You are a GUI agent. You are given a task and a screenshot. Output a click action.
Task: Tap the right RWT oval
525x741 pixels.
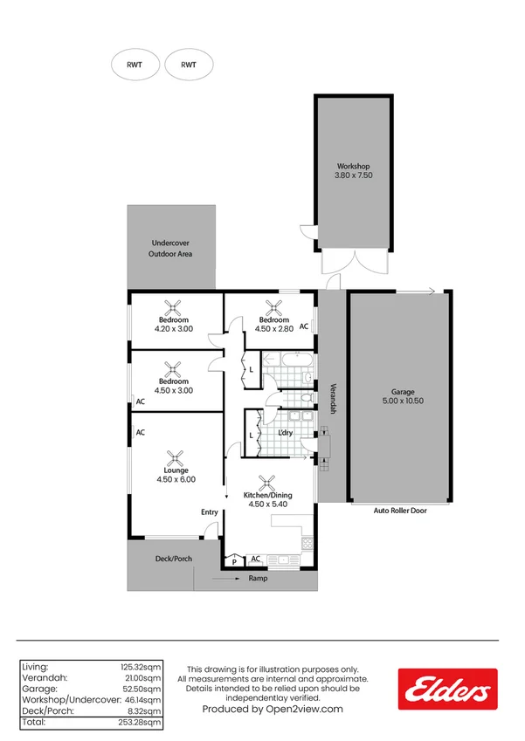pyautogui.click(x=189, y=65)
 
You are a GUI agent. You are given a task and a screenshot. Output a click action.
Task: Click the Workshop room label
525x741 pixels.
pyautogui.click(x=353, y=166)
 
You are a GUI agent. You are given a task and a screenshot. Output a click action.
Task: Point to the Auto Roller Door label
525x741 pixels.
pyautogui.click(x=400, y=511)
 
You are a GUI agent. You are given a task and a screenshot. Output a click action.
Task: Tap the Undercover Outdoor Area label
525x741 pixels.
pyautogui.click(x=170, y=249)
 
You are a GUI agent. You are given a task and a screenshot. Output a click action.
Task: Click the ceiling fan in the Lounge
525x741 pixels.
pyautogui.click(x=175, y=457)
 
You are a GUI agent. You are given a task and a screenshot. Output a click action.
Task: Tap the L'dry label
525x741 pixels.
pyautogui.click(x=285, y=434)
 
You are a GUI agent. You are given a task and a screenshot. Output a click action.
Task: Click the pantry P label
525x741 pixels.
pyautogui.click(x=234, y=561)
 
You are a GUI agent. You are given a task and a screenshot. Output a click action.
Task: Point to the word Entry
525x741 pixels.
pyautogui.click(x=210, y=512)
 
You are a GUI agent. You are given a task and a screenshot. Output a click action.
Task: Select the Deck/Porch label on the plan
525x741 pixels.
pyautogui.click(x=173, y=559)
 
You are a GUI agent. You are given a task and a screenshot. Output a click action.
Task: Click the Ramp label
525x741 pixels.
pyautogui.click(x=258, y=579)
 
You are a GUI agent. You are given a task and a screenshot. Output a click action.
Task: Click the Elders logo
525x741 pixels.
pyautogui.click(x=447, y=689)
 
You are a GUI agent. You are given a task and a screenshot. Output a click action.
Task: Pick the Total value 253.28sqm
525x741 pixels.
pyautogui.click(x=141, y=722)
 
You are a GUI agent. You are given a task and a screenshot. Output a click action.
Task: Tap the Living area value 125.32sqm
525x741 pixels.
pyautogui.click(x=141, y=667)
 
